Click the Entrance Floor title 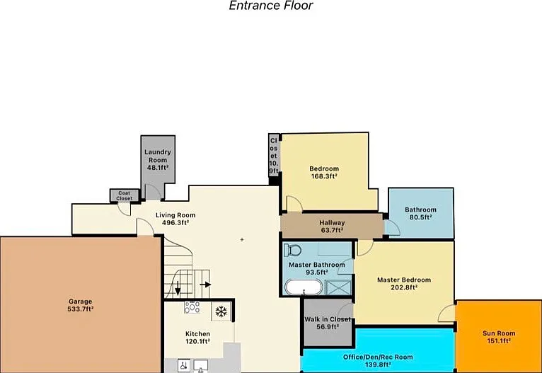tap(271, 6)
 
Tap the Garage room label tap(81, 302)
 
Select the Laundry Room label tap(158, 156)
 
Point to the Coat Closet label tap(125, 195)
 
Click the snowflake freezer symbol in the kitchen tap(221, 311)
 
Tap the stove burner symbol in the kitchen tap(192, 307)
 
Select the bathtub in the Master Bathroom tap(304, 287)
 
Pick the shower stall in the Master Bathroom tap(338, 287)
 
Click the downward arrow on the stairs tap(178, 288)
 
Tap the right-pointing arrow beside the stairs tap(206, 285)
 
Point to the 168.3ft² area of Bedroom tap(324, 176)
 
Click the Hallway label tap(332, 223)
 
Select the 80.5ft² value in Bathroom tap(421, 217)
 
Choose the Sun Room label tap(499, 333)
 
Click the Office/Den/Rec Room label tap(378, 357)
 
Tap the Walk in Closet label tap(328, 319)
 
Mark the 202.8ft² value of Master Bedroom tap(404, 287)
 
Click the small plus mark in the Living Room tap(242, 239)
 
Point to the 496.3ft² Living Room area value tap(175, 223)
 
